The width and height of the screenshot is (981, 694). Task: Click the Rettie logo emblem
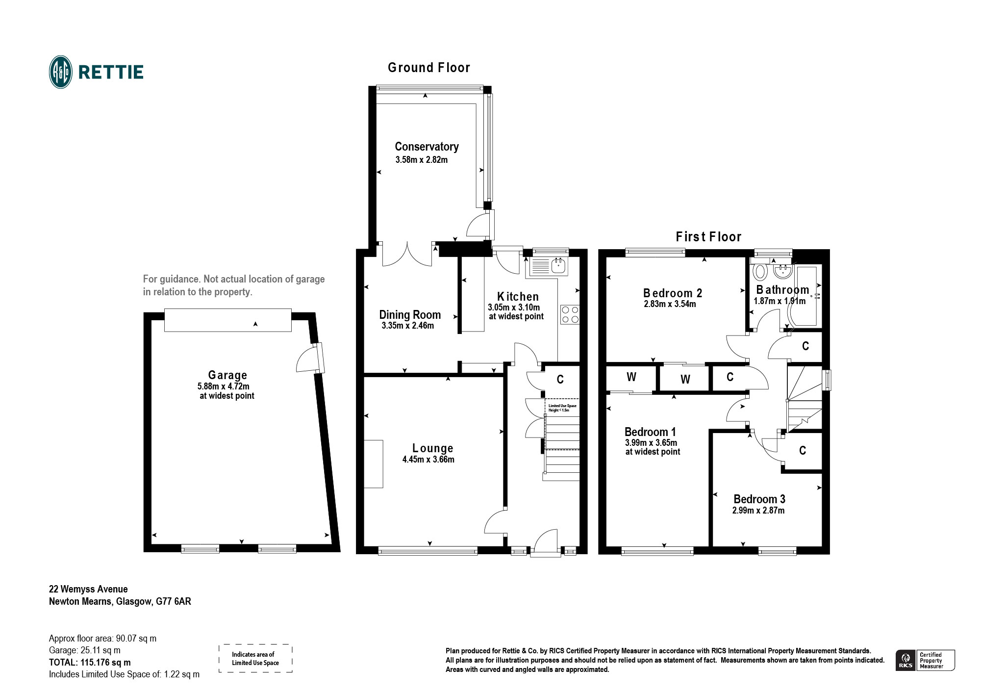[x=61, y=72]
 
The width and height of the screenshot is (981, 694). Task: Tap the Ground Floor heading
[x=428, y=68]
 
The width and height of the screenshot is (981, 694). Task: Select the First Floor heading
[x=708, y=237]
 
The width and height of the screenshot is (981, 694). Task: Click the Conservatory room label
[x=427, y=147]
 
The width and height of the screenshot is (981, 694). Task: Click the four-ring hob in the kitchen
[x=570, y=314]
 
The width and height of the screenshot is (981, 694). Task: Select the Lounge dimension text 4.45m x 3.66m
[x=428, y=460]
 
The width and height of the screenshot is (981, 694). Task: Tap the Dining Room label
[x=410, y=315]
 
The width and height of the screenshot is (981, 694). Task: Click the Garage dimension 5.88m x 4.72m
[x=223, y=386]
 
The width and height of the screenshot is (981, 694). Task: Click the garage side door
[x=310, y=358]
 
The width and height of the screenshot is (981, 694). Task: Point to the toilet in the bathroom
[x=760, y=271]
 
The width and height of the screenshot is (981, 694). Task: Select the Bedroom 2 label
[x=672, y=293]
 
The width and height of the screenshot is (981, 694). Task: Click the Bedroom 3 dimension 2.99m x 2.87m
[x=758, y=511]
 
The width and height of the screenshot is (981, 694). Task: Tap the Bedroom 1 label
[x=650, y=432]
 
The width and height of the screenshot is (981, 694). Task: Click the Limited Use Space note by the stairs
[x=562, y=408]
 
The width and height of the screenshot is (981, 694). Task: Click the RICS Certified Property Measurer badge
[x=925, y=660]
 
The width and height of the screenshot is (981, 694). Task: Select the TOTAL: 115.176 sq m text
[x=90, y=663]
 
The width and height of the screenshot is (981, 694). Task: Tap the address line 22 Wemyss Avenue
[x=88, y=589]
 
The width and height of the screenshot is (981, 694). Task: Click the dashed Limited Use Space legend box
[x=255, y=659]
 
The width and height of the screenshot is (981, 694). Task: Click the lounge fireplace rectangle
[x=373, y=464]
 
